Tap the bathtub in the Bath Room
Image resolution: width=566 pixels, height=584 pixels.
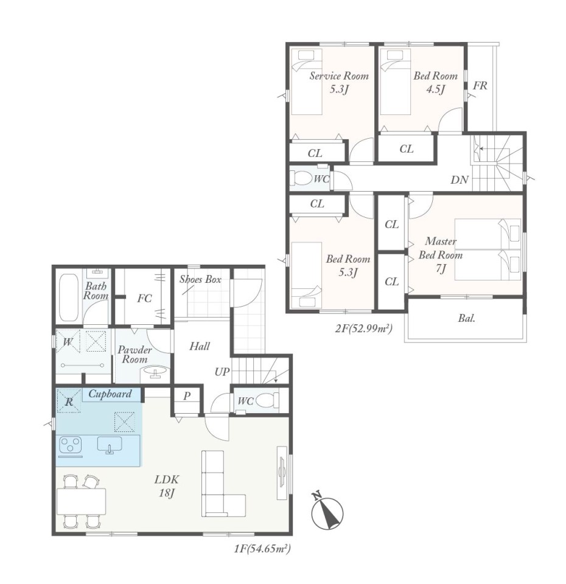tap(69, 299)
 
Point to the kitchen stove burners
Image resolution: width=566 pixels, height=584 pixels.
tap(71, 445)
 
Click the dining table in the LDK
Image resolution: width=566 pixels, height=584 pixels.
tap(81, 501)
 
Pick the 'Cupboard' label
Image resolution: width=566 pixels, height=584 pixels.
tap(110, 394)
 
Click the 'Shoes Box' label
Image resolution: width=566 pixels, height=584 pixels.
tap(200, 279)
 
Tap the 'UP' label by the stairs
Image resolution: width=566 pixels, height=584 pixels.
tap(222, 372)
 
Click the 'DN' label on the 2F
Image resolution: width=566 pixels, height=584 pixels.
tap(459, 180)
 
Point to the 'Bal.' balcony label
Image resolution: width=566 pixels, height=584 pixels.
tap(467, 318)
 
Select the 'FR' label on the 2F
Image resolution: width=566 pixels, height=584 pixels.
tap(480, 86)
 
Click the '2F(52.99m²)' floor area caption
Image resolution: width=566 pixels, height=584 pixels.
tap(364, 328)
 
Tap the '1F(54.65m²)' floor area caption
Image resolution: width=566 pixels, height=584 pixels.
tap(262, 548)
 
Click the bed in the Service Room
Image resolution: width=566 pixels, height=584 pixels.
tap(306, 82)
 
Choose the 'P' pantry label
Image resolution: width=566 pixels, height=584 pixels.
tap(187, 396)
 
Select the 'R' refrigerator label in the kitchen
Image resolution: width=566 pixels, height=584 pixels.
tap(69, 402)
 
